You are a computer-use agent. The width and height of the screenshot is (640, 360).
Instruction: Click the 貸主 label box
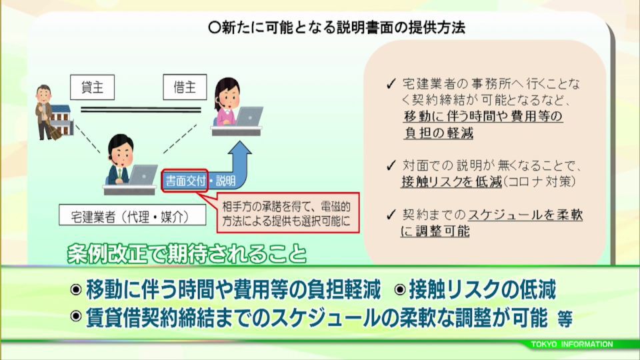(92, 87)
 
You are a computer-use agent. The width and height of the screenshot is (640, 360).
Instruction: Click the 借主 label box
(185, 87)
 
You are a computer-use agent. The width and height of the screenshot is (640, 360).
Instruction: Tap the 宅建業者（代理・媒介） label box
(132, 215)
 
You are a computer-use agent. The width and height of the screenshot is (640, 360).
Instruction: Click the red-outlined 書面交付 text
(185, 181)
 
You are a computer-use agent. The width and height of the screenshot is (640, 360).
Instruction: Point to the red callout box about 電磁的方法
(288, 213)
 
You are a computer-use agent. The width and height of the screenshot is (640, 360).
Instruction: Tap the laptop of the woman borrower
(249, 116)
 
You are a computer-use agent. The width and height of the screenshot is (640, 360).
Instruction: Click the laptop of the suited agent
(143, 175)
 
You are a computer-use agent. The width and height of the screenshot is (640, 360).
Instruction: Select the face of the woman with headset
(228, 99)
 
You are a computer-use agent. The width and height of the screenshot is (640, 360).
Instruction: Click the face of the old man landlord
(44, 95)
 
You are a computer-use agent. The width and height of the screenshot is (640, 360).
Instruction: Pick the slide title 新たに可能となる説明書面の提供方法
(337, 27)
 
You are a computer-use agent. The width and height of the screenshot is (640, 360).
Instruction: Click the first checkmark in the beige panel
(391, 84)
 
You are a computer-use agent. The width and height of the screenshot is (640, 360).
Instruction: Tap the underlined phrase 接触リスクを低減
(451, 181)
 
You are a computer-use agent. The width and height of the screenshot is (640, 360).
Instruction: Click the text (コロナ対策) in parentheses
(539, 181)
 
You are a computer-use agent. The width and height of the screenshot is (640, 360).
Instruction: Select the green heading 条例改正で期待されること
(187, 253)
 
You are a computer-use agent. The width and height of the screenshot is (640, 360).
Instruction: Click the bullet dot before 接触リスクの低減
(400, 289)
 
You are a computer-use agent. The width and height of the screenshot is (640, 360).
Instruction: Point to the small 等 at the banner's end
(565, 319)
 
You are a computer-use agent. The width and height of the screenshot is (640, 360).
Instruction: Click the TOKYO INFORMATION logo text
(572, 344)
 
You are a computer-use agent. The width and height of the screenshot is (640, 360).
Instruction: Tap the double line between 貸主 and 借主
(141, 109)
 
